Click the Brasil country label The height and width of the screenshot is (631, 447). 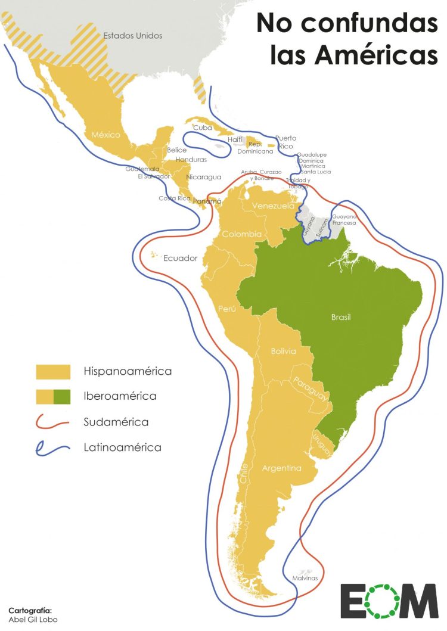click(340, 317)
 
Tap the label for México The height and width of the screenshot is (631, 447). click(105, 135)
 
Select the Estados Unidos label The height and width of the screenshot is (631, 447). click(132, 36)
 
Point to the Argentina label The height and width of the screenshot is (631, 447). click(281, 468)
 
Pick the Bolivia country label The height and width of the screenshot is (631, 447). click(283, 351)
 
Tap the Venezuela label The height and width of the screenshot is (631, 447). click(273, 206)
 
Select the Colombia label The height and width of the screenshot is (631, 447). click(241, 234)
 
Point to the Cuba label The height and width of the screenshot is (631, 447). click(202, 128)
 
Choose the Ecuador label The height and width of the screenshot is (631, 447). click(180, 259)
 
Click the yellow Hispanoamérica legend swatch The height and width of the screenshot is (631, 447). click(53, 372)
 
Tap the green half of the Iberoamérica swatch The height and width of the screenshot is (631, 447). click(62, 396)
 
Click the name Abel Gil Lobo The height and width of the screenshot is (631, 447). click(33, 620)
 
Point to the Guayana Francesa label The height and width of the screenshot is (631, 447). click(344, 219)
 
